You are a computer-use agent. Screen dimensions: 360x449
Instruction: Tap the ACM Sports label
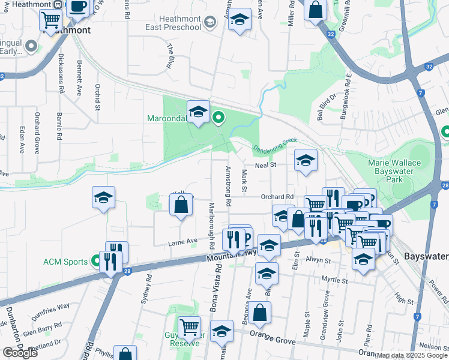point(66,261)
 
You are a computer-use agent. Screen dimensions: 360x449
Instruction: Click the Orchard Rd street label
point(277,197)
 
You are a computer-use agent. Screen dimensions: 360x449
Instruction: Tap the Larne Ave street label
point(182,241)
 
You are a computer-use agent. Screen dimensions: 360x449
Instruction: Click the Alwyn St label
point(319,260)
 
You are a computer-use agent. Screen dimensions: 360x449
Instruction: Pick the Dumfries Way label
point(52,310)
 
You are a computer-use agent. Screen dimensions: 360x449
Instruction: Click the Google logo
point(20,353)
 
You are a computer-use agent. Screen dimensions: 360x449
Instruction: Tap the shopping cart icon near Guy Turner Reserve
point(189,328)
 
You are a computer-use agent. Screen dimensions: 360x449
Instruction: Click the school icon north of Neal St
point(306,160)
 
